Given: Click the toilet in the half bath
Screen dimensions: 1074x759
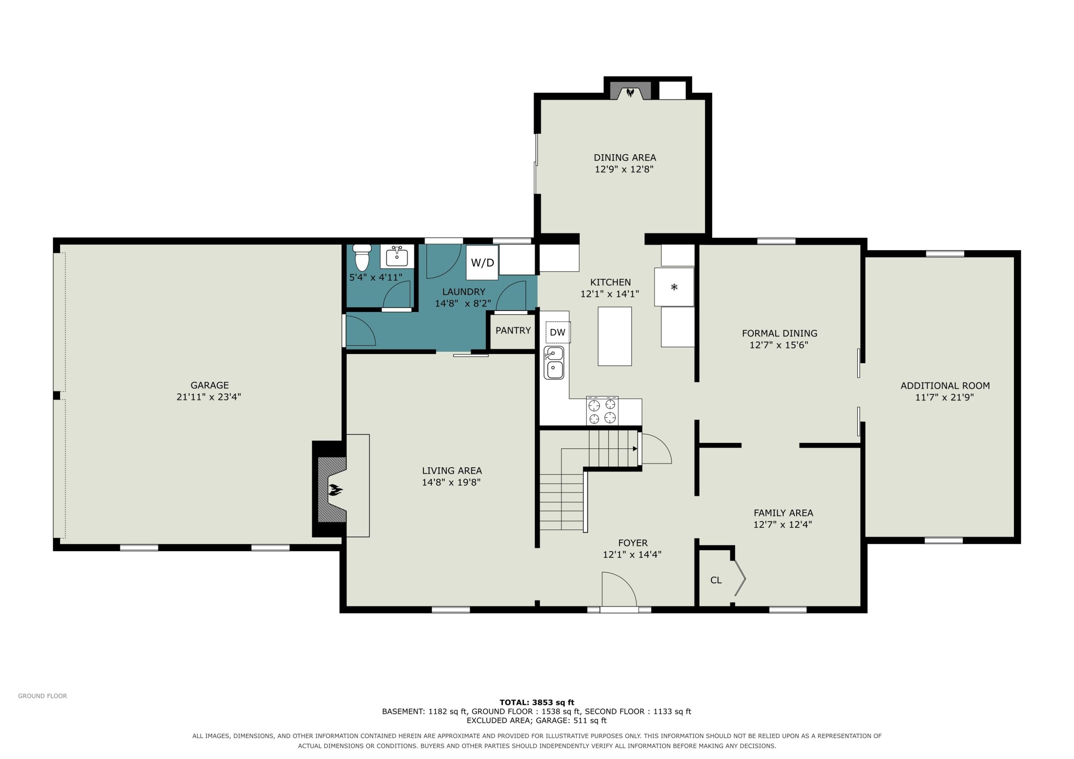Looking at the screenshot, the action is point(362,257).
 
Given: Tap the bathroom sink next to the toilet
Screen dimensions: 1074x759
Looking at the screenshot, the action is point(397,257).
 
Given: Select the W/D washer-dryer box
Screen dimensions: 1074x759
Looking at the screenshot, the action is point(482,262).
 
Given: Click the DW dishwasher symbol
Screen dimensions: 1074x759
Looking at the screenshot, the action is point(557,332).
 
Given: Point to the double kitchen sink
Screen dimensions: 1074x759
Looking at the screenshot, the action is point(554,363).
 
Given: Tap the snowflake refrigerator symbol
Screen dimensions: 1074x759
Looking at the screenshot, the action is point(674,287).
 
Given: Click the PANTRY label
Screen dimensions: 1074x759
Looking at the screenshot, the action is point(513,330).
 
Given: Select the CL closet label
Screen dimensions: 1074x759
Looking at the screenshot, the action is point(716,580).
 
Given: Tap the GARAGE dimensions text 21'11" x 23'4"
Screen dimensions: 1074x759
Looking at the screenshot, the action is point(209,396).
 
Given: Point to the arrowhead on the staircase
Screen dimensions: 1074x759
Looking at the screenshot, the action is point(635,448).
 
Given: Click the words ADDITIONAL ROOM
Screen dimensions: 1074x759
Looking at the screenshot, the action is point(945,385).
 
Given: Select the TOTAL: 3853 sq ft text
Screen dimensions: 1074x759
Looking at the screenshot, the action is point(537,702).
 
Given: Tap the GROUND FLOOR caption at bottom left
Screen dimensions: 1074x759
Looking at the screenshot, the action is point(43,696).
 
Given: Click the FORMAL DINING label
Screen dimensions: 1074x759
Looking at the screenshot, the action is point(779,333).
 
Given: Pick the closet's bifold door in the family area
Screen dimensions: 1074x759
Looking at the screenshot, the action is point(740,578).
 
